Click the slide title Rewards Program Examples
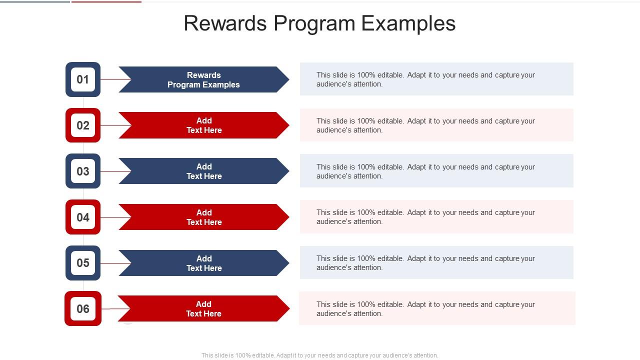[x=319, y=23]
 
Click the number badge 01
[x=83, y=79]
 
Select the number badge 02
[x=83, y=125]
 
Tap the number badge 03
[x=83, y=171]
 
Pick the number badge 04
[x=83, y=217]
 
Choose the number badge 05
[x=83, y=263]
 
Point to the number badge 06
[x=83, y=308]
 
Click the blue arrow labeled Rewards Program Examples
[x=204, y=79]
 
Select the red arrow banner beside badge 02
[x=204, y=125]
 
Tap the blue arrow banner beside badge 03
[x=204, y=171]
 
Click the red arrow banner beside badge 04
[x=204, y=217]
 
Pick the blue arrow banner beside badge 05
[x=204, y=263]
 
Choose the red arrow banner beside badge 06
[x=204, y=308]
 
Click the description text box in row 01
[x=436, y=79]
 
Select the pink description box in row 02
[x=436, y=125]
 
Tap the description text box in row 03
[x=436, y=171]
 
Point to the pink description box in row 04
[x=436, y=216]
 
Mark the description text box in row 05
[x=436, y=262]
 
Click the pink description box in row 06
[x=437, y=308]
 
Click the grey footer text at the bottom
[x=319, y=355]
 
